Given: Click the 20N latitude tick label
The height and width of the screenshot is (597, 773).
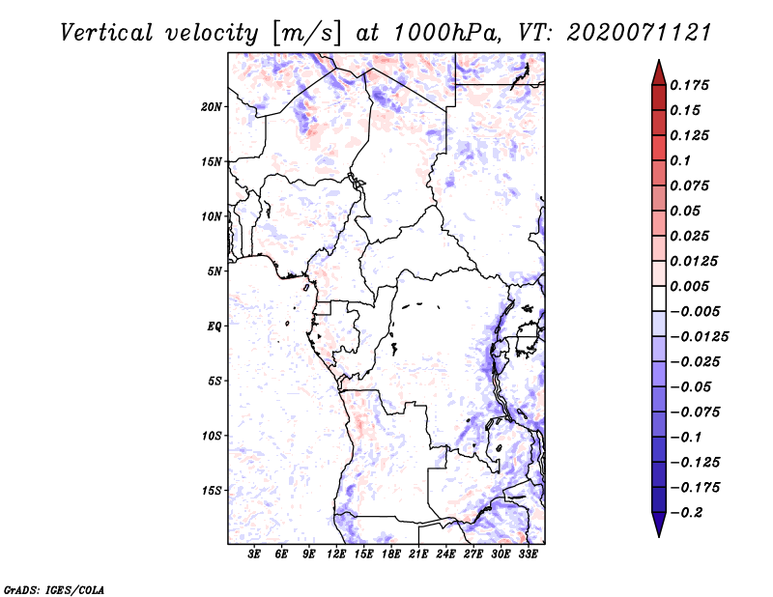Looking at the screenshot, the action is pyautogui.click(x=212, y=107).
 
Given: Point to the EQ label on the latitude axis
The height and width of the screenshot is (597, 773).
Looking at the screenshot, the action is pyautogui.click(x=215, y=327).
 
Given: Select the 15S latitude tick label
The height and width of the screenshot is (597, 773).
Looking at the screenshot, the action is pyautogui.click(x=212, y=491).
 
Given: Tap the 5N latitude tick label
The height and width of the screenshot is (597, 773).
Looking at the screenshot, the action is pyautogui.click(x=215, y=271).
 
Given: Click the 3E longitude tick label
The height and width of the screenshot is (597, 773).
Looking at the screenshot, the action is pyautogui.click(x=254, y=554).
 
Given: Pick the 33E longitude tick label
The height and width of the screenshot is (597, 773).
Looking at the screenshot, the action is pyautogui.click(x=528, y=554).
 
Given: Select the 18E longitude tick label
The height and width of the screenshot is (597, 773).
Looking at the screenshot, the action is pyautogui.click(x=391, y=554).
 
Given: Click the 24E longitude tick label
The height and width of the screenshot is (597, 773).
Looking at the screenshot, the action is pyautogui.click(x=445, y=554).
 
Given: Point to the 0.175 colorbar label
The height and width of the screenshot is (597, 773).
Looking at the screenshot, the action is pyautogui.click(x=689, y=85).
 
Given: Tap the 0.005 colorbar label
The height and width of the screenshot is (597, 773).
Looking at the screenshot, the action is pyautogui.click(x=689, y=286).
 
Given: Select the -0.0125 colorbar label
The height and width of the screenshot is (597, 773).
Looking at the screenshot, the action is pyautogui.click(x=699, y=337).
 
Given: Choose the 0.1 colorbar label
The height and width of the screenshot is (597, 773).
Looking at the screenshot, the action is pyautogui.click(x=680, y=160).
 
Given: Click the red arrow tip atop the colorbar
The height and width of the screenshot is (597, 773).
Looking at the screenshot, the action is pyautogui.click(x=659, y=60).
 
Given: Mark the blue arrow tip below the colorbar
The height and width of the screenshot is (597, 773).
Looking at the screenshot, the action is pyautogui.click(x=659, y=536).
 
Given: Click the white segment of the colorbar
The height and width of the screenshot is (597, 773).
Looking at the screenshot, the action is pyautogui.click(x=659, y=298).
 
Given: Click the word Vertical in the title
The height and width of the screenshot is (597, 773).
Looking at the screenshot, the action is pyautogui.click(x=106, y=33).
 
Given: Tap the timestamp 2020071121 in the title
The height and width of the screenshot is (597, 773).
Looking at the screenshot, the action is pyautogui.click(x=640, y=33).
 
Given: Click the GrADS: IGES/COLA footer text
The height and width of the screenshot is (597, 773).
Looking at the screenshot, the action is pyautogui.click(x=54, y=589).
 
